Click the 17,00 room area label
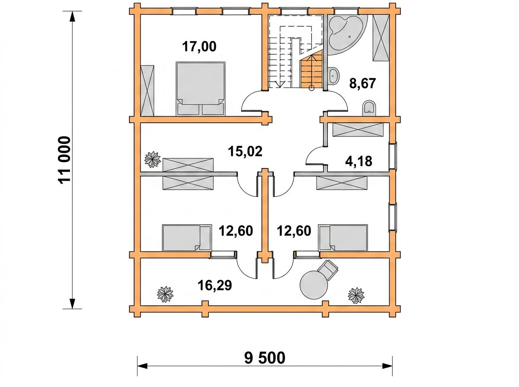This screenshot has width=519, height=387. (199, 47)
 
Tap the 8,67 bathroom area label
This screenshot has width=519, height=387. (362, 84)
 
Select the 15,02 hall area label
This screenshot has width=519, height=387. (245, 151)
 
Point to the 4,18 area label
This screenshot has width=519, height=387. (359, 161)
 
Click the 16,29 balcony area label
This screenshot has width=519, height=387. (215, 285)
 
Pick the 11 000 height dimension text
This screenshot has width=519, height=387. (64, 160)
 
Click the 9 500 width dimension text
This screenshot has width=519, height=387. (265, 358)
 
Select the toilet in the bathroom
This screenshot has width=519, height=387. (369, 108)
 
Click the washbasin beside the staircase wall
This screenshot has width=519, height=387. (333, 76)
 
